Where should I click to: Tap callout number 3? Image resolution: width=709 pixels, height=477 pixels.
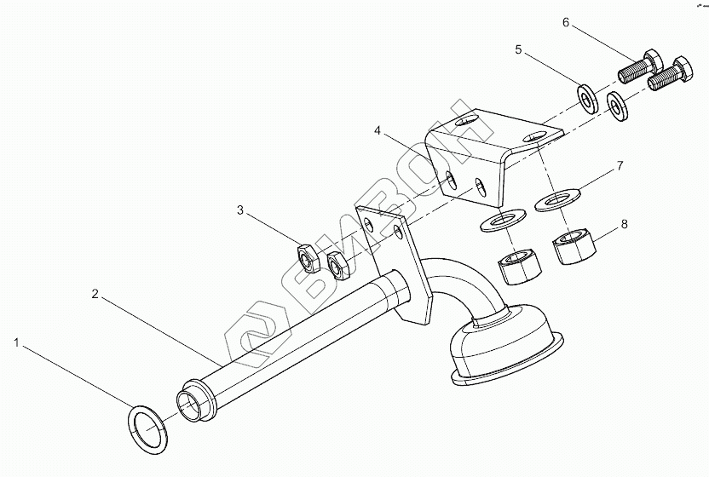(x=241, y=209)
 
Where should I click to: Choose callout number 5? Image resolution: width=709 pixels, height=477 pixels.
(x=518, y=50)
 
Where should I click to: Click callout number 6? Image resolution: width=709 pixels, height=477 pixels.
(x=565, y=21)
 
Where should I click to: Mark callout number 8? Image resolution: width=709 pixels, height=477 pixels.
(x=625, y=225)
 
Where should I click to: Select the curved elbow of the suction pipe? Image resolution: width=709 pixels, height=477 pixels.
(x=460, y=285)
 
